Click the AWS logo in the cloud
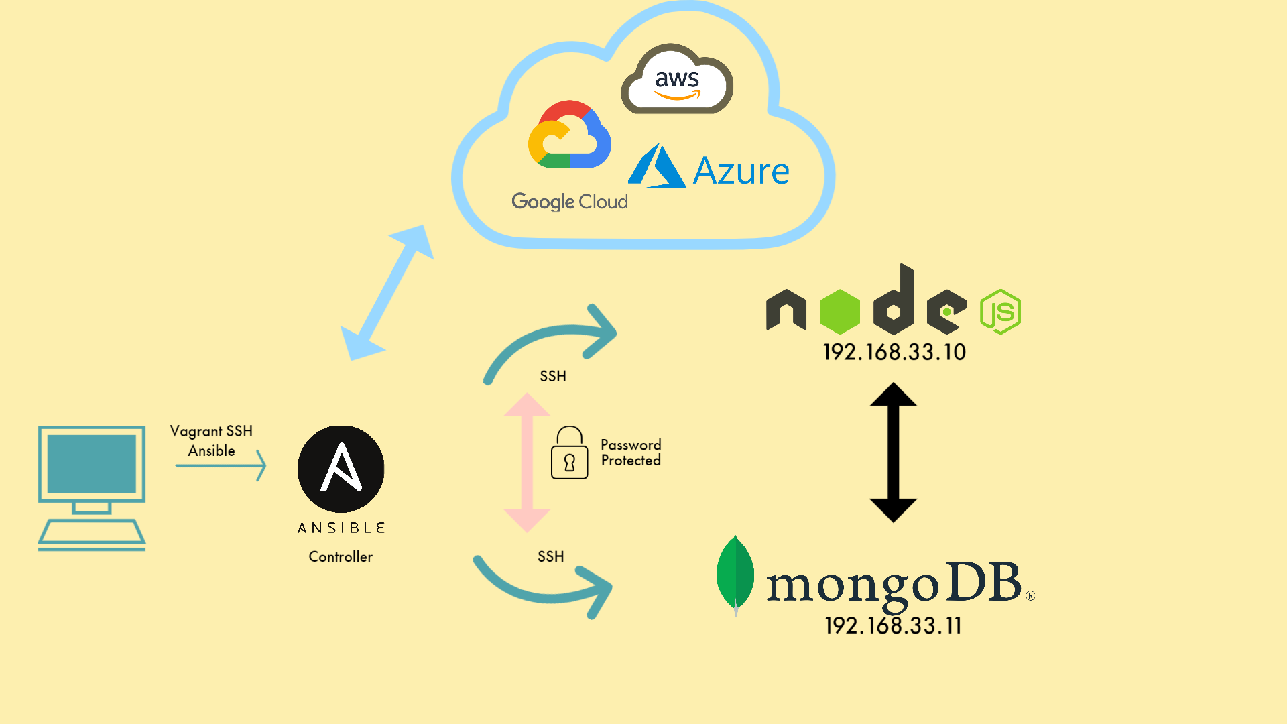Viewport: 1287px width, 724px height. [677, 79]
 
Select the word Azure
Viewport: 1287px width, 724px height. [741, 171]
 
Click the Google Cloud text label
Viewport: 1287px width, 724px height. [570, 202]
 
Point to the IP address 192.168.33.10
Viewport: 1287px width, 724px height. [894, 352]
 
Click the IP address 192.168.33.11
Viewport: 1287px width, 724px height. [893, 625]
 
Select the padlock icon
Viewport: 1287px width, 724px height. [570, 452]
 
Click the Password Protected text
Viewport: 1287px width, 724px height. [631, 452]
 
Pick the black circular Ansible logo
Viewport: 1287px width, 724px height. [341, 469]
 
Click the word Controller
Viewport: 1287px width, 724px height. [341, 556]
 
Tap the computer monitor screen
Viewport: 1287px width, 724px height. [92, 464]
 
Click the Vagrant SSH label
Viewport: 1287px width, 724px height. [211, 431]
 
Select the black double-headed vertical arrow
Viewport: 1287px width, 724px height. [893, 452]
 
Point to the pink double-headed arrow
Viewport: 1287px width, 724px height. [527, 463]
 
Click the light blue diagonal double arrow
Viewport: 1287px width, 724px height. [387, 293]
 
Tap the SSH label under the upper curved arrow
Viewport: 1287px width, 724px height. [553, 376]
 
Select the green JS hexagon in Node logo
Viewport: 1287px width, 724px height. [1000, 312]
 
